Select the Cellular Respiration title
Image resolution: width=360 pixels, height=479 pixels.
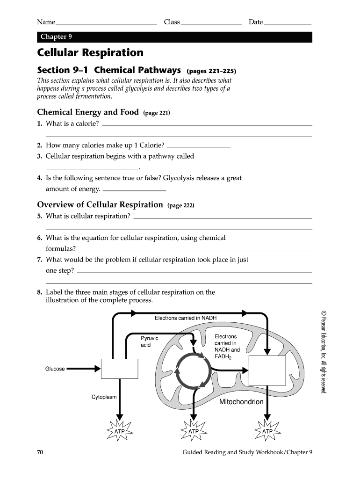tap(90, 52)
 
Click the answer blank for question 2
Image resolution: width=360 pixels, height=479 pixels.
tap(199, 146)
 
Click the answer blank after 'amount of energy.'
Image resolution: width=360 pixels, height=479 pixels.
tap(134, 190)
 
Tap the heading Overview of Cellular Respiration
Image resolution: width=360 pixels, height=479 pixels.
tap(100, 205)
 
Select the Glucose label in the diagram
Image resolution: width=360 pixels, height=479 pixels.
tap(55, 369)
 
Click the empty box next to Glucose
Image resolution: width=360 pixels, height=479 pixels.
tap(120, 368)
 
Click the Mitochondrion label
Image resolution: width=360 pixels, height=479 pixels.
tap(241, 402)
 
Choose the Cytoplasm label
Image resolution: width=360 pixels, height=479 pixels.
tap(104, 397)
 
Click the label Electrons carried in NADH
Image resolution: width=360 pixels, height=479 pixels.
tap(186, 318)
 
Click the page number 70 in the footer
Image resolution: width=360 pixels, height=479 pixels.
tap(40, 452)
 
